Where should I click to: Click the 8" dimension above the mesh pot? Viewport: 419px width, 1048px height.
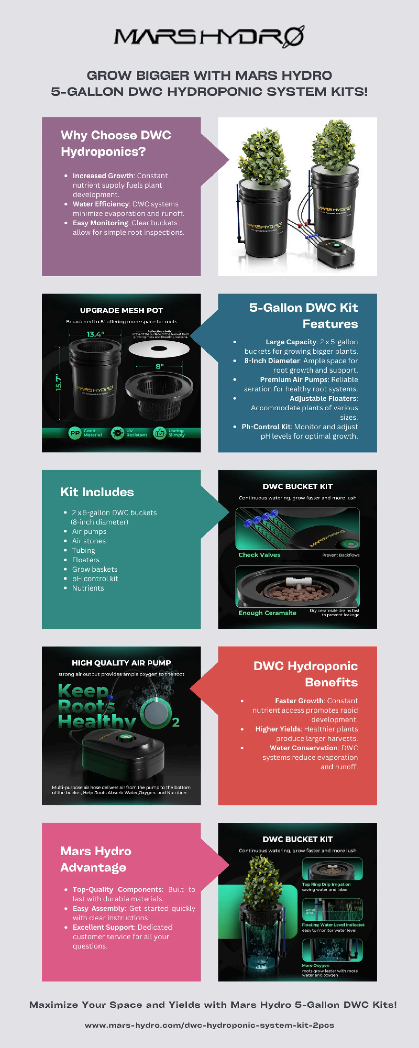[159, 366]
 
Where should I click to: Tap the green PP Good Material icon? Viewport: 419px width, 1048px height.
[75, 433]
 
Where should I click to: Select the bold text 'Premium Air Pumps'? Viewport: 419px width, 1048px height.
[294, 379]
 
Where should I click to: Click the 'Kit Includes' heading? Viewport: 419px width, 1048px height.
[97, 492]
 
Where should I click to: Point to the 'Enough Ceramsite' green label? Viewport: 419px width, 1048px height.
[267, 613]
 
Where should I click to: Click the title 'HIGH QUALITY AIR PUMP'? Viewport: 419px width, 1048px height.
[121, 663]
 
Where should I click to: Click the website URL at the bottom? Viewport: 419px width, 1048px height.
[209, 1025]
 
